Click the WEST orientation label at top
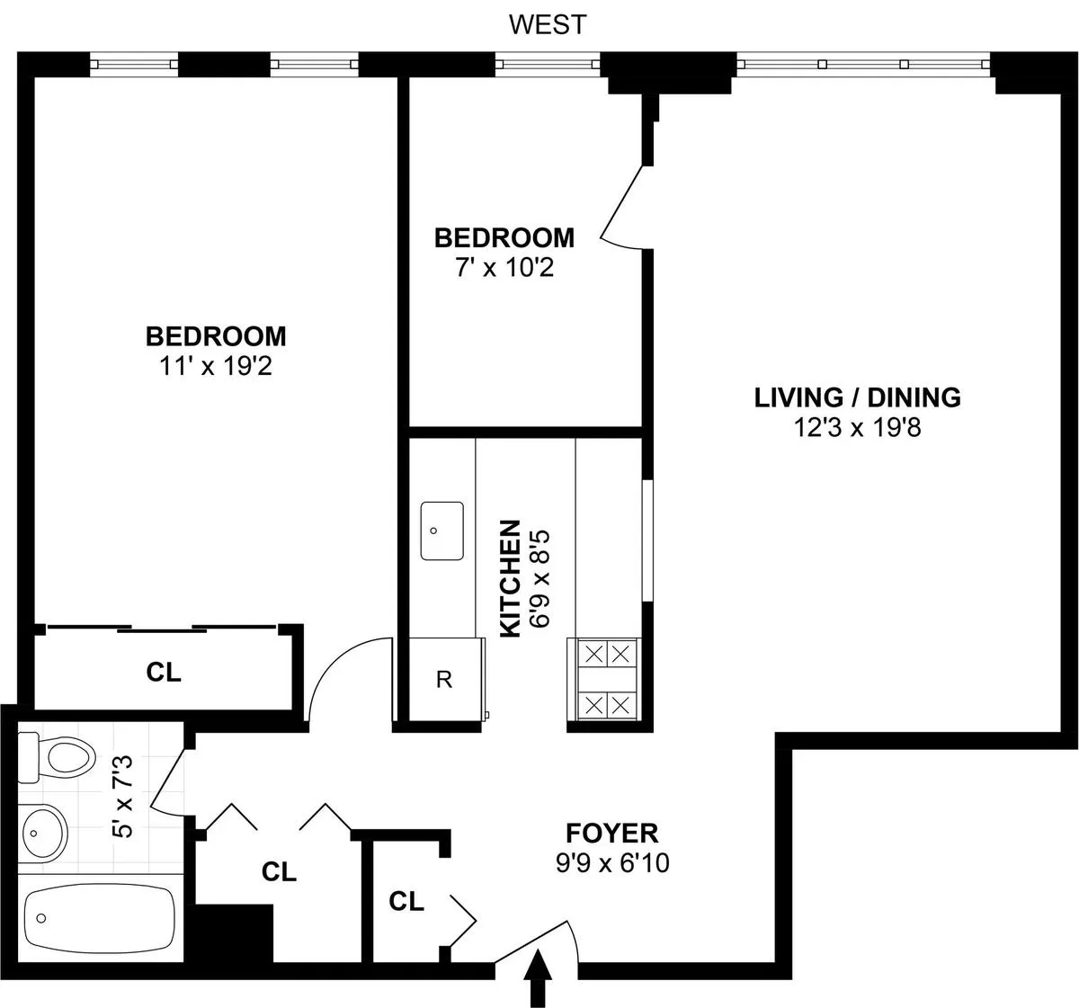click(x=547, y=24)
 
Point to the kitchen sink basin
click(x=441, y=531)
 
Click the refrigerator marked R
click(x=443, y=680)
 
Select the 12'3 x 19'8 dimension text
click(x=857, y=428)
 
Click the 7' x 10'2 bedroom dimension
click(x=504, y=268)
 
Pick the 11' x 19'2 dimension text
click(x=216, y=366)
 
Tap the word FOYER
click(x=611, y=833)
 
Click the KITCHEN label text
click(x=510, y=578)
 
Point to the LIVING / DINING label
click(x=857, y=397)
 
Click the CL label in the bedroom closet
click(x=164, y=672)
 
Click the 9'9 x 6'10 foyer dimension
click(x=611, y=864)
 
